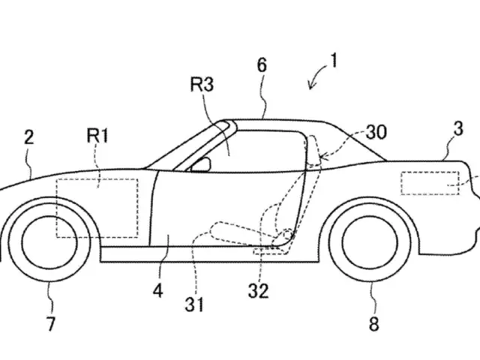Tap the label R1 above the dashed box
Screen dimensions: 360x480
(x=98, y=137)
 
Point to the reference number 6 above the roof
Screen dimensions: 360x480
(x=261, y=65)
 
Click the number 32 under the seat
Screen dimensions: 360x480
(x=259, y=289)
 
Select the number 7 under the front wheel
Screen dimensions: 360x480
(x=51, y=324)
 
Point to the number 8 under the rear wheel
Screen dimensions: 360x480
(x=373, y=324)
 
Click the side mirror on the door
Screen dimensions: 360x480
(x=201, y=166)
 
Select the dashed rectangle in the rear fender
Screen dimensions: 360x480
(x=429, y=184)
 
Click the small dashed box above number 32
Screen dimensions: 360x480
(x=264, y=251)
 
